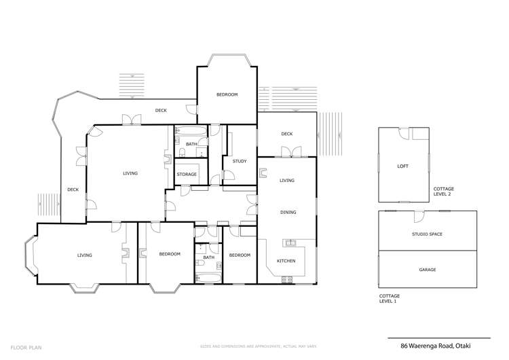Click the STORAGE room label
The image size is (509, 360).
(187, 175)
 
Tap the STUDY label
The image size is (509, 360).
(239, 161)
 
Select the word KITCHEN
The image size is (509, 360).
(286, 261)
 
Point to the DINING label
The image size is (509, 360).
(288, 213)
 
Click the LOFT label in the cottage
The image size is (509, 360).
(402, 166)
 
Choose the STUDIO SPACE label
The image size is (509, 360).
(427, 234)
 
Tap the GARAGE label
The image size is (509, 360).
(427, 270)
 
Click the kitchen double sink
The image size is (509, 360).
(290, 242)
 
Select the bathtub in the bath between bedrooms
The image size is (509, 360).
(208, 277)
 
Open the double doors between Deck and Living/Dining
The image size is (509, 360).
(286, 155)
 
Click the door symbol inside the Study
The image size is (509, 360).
(215, 180)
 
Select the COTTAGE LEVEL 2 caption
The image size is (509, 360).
(444, 192)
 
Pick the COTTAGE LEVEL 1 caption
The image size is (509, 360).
(390, 299)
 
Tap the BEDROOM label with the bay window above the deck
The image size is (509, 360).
(227, 94)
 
